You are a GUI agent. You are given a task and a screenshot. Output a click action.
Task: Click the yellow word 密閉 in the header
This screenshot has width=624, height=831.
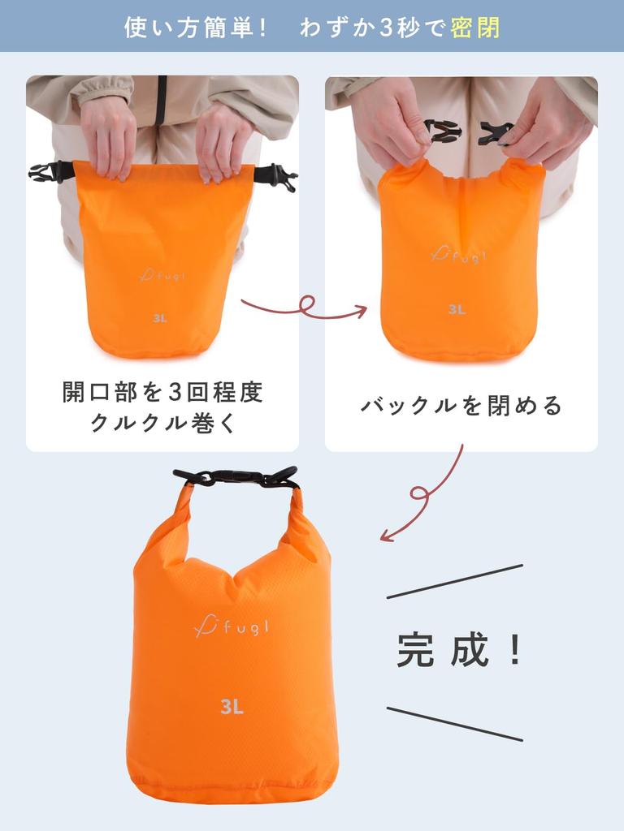click(x=475, y=27)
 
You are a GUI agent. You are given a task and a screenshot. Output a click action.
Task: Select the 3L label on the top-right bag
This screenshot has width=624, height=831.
click(x=456, y=308)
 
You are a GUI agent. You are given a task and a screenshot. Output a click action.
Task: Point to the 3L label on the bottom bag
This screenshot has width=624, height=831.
click(x=232, y=707)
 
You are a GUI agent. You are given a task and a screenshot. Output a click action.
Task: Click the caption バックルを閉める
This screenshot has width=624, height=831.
click(x=461, y=406)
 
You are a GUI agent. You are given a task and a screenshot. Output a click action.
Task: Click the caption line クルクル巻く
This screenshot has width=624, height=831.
click(x=162, y=423)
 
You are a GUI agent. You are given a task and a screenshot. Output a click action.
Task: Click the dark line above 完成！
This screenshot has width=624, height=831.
click(x=454, y=581)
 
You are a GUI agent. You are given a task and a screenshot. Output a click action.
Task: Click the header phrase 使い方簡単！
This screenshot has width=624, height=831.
click(x=196, y=27)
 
